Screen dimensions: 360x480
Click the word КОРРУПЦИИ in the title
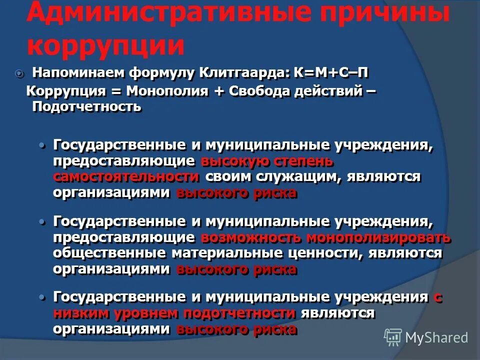[x=105, y=45]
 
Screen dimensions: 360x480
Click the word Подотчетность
[x=86, y=107]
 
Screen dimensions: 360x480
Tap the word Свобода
[x=263, y=91]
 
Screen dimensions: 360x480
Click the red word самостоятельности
[x=126, y=177]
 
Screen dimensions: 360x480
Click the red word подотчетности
[x=239, y=313]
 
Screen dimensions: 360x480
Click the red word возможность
[x=251, y=237]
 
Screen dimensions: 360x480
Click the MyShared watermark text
[x=436, y=337]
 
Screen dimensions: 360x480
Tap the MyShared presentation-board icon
[x=393, y=337]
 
